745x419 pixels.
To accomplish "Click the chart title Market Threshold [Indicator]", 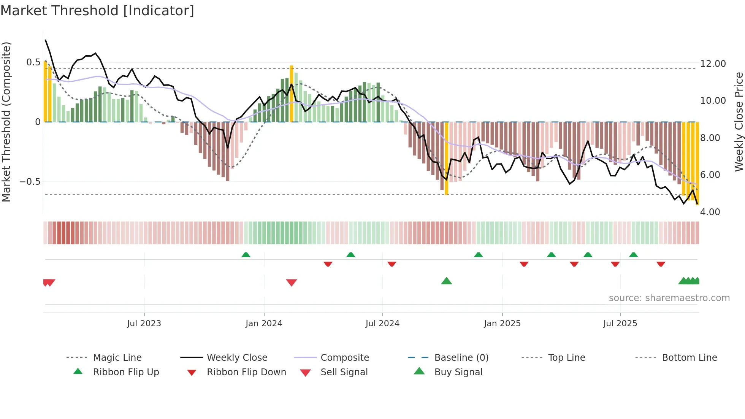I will pyautogui.click(x=97, y=11).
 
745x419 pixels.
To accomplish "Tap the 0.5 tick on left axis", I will pyautogui.click(x=33, y=62).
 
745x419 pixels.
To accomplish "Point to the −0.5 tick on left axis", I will pyautogui.click(x=30, y=182).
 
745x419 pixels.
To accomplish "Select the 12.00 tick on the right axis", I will pyautogui.click(x=713, y=64).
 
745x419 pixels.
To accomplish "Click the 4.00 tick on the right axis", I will pyautogui.click(x=710, y=212).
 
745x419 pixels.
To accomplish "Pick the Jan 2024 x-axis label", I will pyautogui.click(x=264, y=324).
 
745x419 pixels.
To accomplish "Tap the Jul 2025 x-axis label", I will pyautogui.click(x=620, y=324).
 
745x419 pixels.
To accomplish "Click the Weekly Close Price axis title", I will pyautogui.click(x=739, y=122).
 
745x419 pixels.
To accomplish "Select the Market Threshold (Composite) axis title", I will pyautogui.click(x=6, y=122).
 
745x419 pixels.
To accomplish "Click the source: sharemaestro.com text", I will pyautogui.click(x=669, y=298).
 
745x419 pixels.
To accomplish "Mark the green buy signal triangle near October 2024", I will pyautogui.click(x=447, y=281).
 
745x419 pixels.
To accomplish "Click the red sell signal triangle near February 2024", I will pyautogui.click(x=292, y=283).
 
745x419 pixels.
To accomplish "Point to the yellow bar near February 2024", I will pyautogui.click(x=292, y=94).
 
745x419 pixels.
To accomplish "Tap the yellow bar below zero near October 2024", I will pyautogui.click(x=447, y=158).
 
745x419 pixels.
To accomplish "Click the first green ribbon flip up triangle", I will pyautogui.click(x=246, y=255).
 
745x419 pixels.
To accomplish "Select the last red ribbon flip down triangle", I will pyautogui.click(x=661, y=264).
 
